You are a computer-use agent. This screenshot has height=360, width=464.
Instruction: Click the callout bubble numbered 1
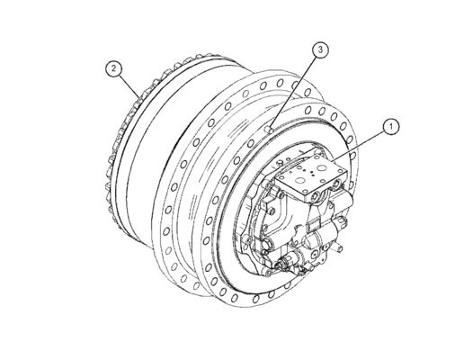[388, 127]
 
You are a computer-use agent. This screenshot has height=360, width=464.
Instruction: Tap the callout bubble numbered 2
[113, 67]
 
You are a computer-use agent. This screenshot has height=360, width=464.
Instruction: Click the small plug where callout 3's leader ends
[272, 128]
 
